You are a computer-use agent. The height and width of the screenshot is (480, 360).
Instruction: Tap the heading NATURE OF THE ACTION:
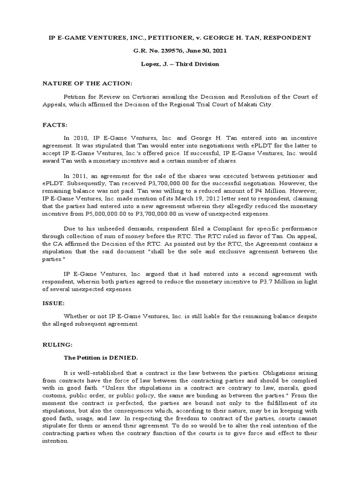(88, 83)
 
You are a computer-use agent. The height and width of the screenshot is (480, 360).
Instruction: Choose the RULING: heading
(58, 345)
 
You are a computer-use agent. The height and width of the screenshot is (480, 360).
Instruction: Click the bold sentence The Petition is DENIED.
(101, 358)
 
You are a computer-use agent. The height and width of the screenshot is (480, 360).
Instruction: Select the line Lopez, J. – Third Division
(180, 64)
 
